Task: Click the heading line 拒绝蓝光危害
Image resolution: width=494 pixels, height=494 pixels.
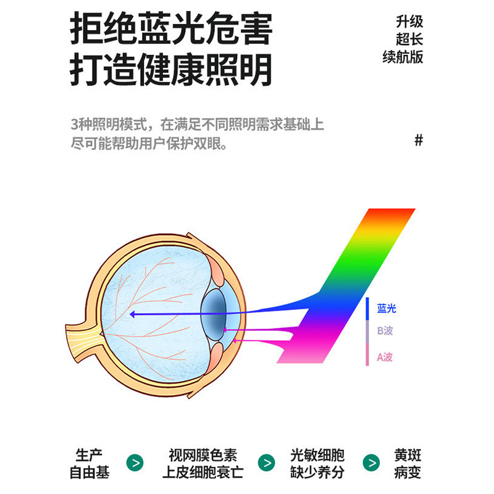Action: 171,29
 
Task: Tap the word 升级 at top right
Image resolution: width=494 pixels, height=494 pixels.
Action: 409,22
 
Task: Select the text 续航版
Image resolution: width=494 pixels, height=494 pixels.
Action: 403,57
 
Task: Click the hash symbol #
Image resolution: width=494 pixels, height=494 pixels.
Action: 419,140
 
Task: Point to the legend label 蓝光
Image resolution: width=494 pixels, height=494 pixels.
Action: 387,309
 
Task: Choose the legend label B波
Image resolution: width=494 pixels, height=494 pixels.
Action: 385,331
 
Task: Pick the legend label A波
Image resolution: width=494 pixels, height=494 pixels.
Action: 385,357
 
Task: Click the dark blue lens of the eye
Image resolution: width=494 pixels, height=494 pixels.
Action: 216,312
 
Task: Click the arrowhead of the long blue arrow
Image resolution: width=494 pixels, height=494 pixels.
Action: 132,314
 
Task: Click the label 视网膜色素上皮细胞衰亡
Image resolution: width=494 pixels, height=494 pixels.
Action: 203,464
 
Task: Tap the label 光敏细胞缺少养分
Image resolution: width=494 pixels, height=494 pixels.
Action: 317,464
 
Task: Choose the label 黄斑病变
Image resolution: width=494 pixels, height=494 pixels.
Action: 409,464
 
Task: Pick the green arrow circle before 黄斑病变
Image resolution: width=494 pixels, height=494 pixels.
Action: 372,463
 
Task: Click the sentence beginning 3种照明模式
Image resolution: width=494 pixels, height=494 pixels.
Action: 197,124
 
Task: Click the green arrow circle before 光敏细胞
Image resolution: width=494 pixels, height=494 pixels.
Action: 267,463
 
